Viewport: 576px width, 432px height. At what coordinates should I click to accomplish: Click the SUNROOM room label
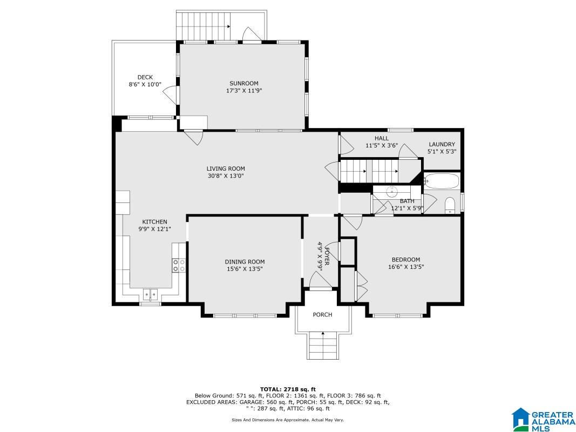point(244,83)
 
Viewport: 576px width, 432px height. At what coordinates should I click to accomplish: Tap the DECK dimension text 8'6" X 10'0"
point(145,84)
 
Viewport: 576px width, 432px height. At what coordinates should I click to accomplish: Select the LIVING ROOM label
point(226,168)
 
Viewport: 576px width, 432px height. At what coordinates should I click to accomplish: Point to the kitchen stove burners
point(179,265)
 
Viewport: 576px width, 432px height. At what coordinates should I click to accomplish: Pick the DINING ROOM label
point(245,262)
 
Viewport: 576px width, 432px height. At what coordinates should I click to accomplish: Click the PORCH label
point(322,315)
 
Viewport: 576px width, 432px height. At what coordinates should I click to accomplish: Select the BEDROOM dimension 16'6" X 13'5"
point(406,267)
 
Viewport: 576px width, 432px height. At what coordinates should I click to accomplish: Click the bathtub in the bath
point(442,181)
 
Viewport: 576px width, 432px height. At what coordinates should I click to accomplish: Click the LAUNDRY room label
point(442,144)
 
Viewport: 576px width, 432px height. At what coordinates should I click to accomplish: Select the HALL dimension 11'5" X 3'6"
point(382,145)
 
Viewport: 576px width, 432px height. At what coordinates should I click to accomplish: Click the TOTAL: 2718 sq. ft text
point(288,389)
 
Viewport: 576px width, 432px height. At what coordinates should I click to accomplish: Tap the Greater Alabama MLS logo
point(544,420)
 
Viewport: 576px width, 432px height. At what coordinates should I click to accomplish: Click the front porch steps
point(323,346)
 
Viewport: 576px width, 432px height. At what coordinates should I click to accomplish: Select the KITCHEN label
point(154,222)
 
